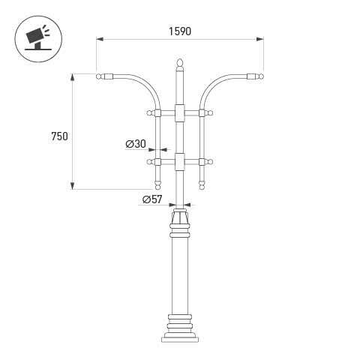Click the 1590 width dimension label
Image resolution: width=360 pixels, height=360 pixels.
(180, 31)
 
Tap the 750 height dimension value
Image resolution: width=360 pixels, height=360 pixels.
(59, 136)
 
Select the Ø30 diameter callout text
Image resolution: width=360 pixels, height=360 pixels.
(136, 144)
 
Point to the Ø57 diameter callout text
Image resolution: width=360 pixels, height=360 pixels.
(152, 199)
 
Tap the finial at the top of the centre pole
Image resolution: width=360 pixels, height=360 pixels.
(180, 62)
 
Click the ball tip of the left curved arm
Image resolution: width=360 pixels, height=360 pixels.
(99, 76)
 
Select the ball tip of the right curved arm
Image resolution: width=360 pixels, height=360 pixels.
(260, 76)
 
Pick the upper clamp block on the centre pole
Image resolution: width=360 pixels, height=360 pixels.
(180, 113)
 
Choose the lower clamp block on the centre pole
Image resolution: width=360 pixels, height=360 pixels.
(180, 162)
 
